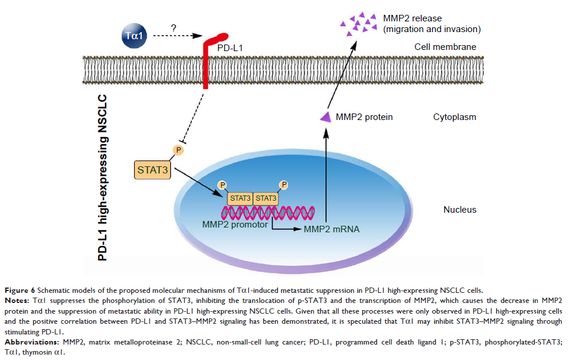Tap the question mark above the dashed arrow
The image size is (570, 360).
click(x=173, y=27)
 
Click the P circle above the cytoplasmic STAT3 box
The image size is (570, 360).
click(x=178, y=150)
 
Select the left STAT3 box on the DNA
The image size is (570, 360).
click(x=240, y=197)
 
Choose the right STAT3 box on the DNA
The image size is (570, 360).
click(x=266, y=197)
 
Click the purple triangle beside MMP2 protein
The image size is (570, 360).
click(x=326, y=118)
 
